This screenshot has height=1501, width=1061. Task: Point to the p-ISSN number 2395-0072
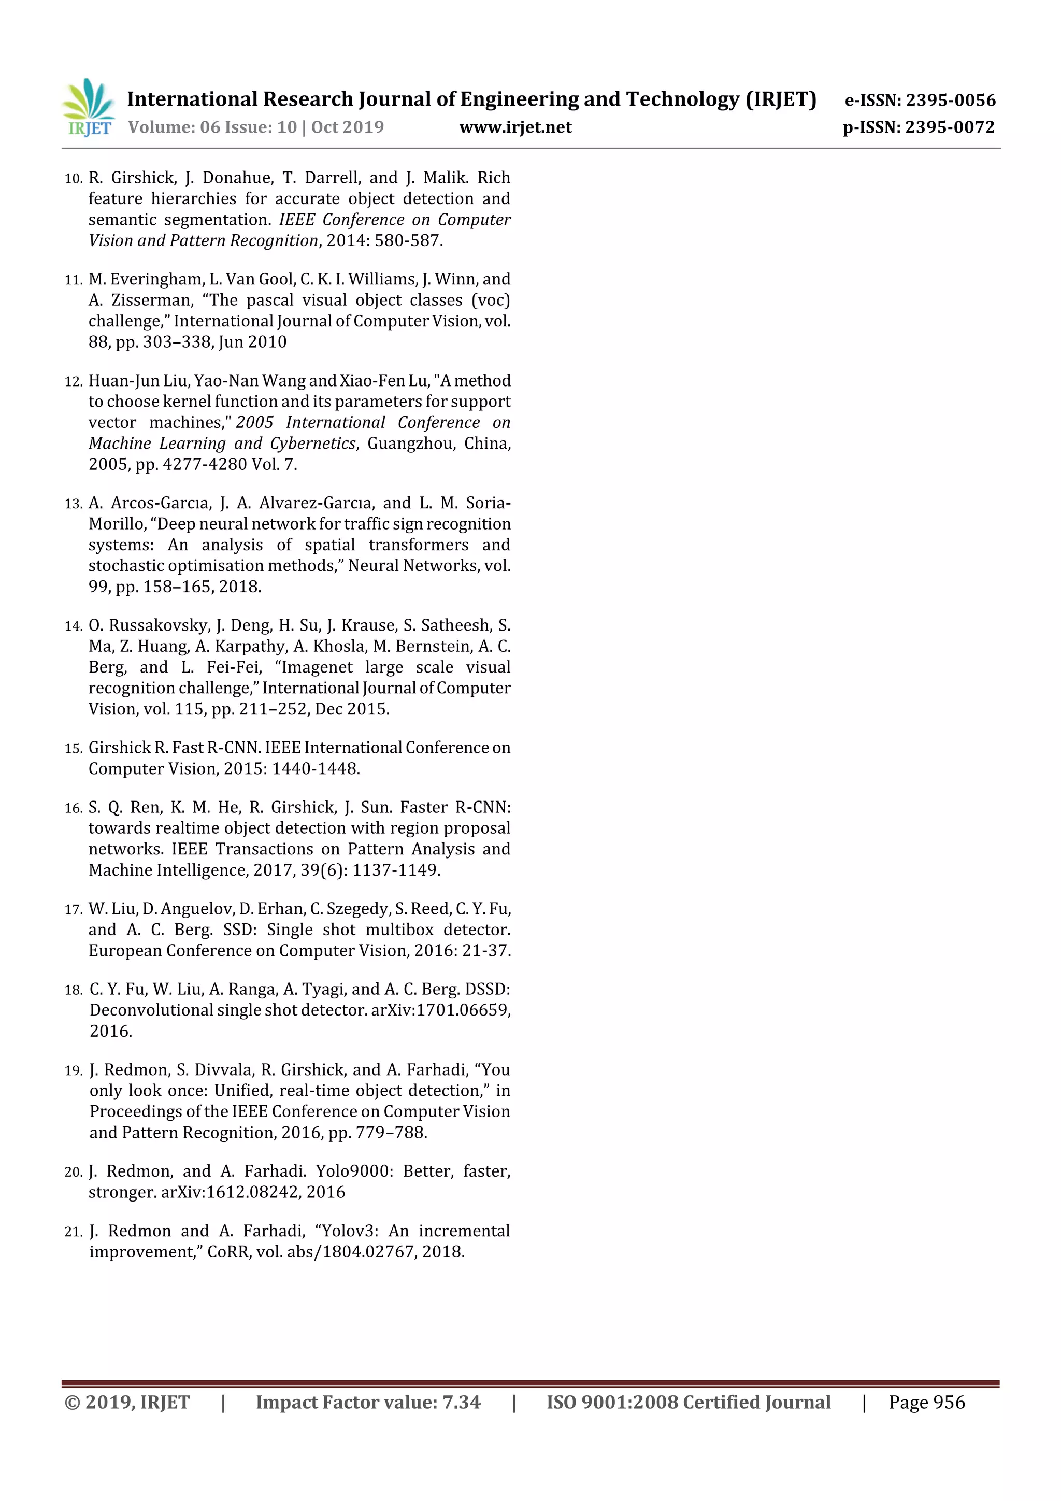pos(950,127)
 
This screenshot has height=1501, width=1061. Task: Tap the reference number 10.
pos(73,178)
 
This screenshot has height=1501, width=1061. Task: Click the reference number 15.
pos(73,749)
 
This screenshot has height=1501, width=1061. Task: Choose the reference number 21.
pos(73,1232)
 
